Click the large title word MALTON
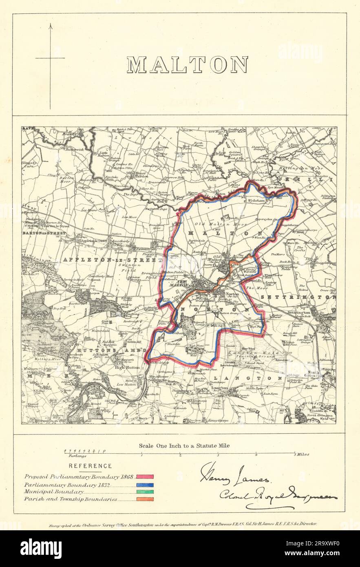pyautogui.click(x=187, y=65)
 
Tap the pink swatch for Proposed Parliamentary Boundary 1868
pyautogui.click(x=145, y=476)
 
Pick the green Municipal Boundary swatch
pyautogui.click(x=145, y=492)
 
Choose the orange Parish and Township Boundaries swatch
pyautogui.click(x=145, y=499)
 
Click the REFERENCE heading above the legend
pyautogui.click(x=90, y=466)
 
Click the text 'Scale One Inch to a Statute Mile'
pyautogui.click(x=184, y=445)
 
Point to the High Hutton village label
pyautogui.click(x=128, y=367)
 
